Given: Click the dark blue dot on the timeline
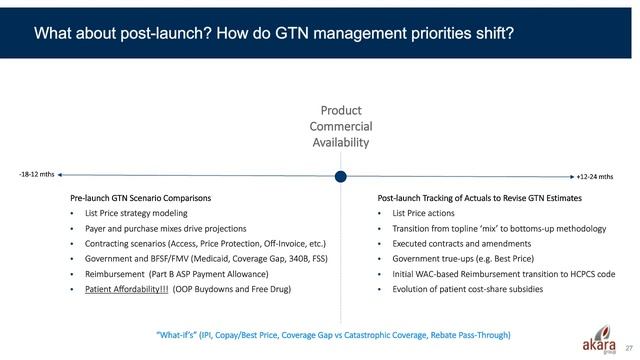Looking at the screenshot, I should click(x=340, y=177).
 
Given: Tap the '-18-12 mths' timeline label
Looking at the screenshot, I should click(x=37, y=174).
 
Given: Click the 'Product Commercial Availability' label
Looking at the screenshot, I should click(x=340, y=126).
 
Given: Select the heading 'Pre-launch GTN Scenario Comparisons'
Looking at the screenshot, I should click(x=140, y=198).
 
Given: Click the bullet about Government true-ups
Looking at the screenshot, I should click(x=456, y=258).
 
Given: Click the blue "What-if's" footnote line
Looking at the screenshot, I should click(x=319, y=334).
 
